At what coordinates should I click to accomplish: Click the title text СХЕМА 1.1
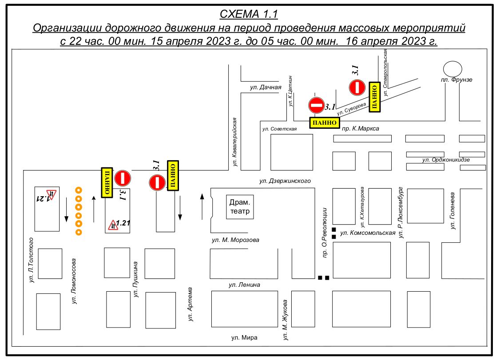249,14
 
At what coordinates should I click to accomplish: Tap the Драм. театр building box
240,207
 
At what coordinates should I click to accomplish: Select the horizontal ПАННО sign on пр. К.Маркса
325,123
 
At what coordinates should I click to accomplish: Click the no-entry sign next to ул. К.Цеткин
316,106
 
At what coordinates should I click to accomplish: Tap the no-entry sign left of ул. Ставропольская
357,87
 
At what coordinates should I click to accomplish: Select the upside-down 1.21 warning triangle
52,194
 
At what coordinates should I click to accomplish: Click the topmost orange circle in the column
79,190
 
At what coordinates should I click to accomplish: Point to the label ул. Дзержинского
285,181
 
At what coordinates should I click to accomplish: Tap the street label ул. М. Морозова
235,240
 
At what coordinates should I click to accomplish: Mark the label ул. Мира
244,338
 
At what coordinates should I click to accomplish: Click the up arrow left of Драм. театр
202,206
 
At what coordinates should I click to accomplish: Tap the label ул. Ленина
244,285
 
